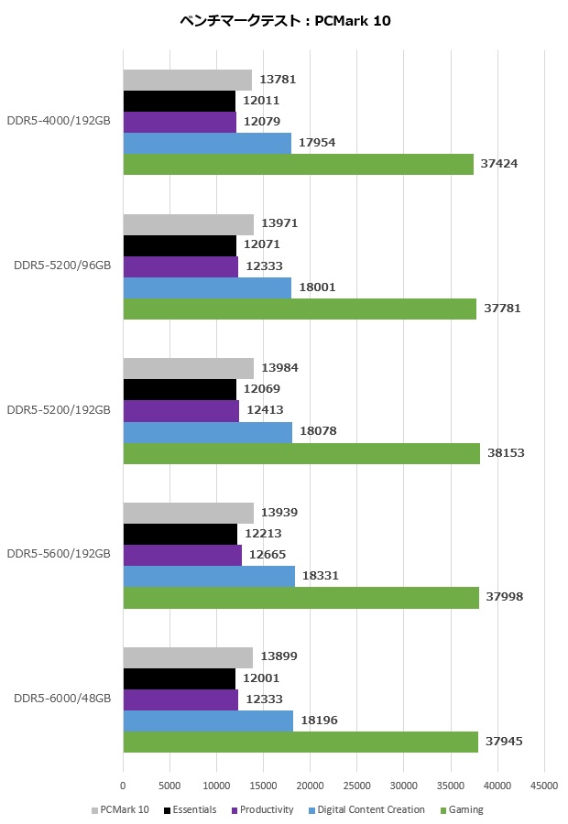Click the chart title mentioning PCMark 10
284,21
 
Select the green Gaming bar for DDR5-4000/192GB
298,164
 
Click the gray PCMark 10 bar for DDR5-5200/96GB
188,224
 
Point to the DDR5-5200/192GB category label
59,409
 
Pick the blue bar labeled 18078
207,431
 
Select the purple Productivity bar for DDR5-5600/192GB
182,555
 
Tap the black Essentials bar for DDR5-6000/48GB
180,678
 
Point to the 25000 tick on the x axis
356,786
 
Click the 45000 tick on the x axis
544,786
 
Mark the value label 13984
279,368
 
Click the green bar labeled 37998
300,597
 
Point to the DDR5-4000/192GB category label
59,122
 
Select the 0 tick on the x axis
123,786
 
